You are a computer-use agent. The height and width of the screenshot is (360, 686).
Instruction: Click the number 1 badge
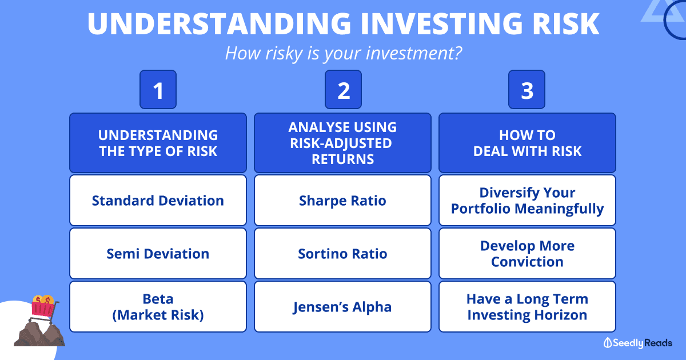[158, 89]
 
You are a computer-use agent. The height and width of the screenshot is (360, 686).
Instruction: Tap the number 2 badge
[343, 89]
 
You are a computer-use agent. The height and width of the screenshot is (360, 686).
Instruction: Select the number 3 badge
[527, 89]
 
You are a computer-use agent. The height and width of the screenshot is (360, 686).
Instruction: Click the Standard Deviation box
[158, 201]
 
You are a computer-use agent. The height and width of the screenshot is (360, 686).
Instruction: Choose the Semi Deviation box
[158, 254]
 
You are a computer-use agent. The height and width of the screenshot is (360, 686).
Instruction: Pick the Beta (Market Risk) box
[158, 307]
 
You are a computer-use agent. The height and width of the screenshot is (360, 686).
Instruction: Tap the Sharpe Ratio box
[342, 201]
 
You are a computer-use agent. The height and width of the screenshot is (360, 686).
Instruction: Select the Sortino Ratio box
[342, 254]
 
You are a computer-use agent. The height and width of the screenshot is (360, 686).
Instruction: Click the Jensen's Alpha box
[342, 307]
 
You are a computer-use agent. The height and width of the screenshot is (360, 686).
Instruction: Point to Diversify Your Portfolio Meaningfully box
[527, 201]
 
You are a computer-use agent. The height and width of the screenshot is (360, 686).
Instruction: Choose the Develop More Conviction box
[527, 254]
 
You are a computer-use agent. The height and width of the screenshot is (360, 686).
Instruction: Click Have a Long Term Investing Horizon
[527, 307]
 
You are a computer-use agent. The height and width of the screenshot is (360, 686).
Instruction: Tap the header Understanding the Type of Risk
[158, 143]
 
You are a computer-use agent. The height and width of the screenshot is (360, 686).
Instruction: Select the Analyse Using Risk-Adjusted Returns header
[342, 143]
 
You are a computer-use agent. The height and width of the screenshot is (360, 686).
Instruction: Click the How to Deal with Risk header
[527, 143]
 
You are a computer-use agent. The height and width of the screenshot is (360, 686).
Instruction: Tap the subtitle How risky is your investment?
[344, 53]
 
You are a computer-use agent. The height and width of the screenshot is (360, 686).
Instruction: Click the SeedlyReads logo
[637, 343]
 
